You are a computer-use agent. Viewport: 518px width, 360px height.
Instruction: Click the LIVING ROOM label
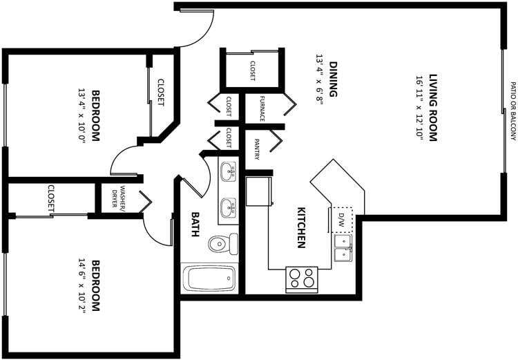[x=434, y=107]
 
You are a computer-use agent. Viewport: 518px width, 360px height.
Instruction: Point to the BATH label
[x=195, y=224]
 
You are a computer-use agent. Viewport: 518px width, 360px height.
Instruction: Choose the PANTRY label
[x=256, y=150]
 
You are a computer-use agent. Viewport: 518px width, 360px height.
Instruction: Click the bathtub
[x=209, y=278]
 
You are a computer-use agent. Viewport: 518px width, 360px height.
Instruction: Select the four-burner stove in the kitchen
[x=302, y=278]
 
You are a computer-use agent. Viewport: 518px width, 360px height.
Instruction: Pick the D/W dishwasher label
[x=340, y=220]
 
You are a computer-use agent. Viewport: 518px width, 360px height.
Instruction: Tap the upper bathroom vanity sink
[x=228, y=169]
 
